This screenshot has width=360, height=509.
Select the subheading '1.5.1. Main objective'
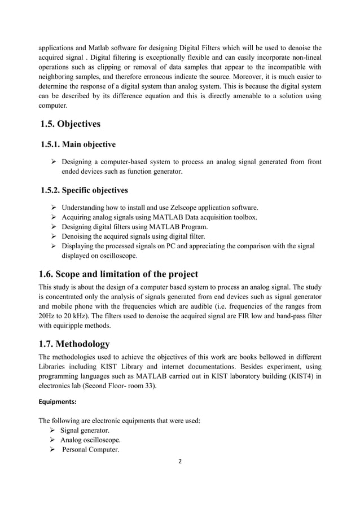click(x=79, y=144)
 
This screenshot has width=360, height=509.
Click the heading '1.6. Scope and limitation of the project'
click(x=118, y=274)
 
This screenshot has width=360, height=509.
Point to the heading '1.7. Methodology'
click(x=74, y=344)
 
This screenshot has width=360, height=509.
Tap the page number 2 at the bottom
click(x=180, y=460)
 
